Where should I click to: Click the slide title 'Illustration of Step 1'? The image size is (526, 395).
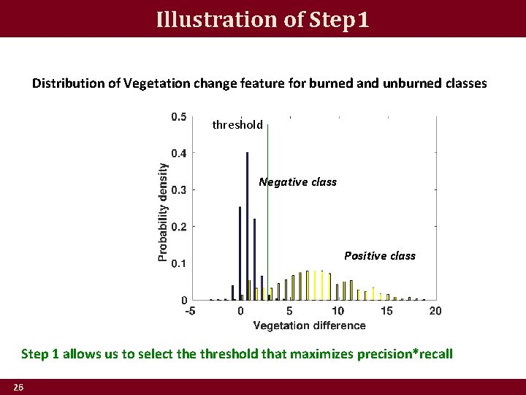pos(263,18)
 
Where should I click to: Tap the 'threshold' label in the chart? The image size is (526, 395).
pos(237,125)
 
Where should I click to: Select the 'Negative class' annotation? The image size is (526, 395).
pos(297,182)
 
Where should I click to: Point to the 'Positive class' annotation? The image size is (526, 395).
pos(379,256)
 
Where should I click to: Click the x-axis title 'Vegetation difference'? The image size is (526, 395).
pos(309,326)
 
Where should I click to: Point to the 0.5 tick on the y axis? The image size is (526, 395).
pos(178,117)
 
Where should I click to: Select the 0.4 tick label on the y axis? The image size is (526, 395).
pos(178,154)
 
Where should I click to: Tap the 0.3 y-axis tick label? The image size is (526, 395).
pos(178,190)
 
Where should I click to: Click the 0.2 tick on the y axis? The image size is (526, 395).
pos(178,227)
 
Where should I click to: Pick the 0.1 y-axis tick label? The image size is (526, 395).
pos(178,263)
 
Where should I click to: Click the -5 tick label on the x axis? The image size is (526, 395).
pos(190,311)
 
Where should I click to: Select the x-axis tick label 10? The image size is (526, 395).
pos(338,311)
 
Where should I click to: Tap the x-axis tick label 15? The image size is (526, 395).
pos(386,311)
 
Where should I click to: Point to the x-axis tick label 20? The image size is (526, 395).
pos(435,311)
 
